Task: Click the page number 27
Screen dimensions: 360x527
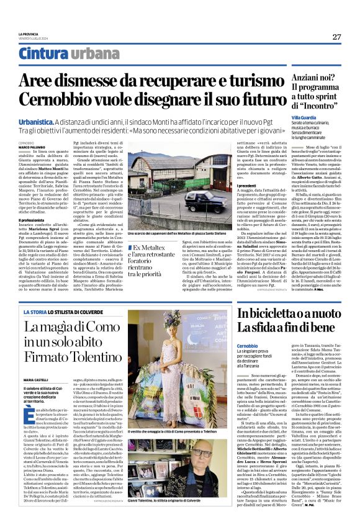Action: click(336, 37)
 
